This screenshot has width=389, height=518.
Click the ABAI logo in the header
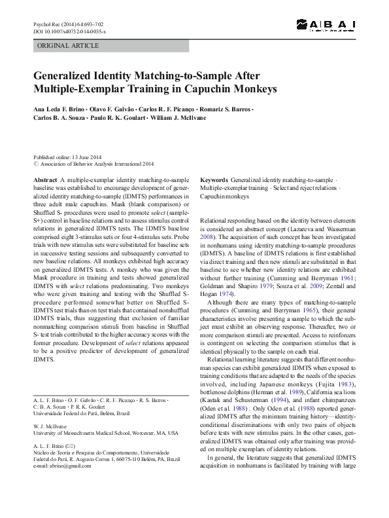325,25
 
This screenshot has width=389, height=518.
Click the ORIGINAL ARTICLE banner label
68,46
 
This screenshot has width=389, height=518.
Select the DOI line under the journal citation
65,31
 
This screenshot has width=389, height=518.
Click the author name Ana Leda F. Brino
58,107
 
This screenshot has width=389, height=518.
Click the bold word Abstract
44,179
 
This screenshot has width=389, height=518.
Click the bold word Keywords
214,179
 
